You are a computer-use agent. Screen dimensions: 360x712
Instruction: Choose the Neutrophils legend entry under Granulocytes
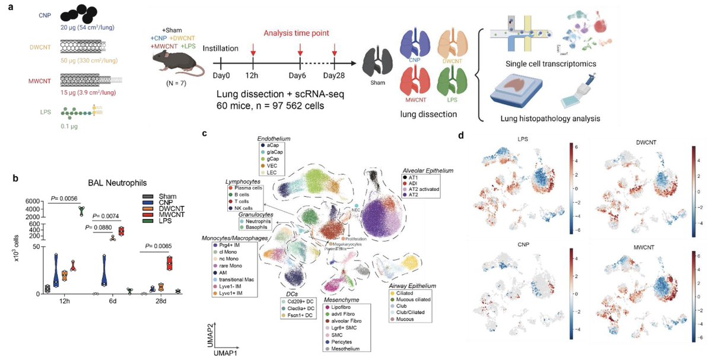click(256, 220)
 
